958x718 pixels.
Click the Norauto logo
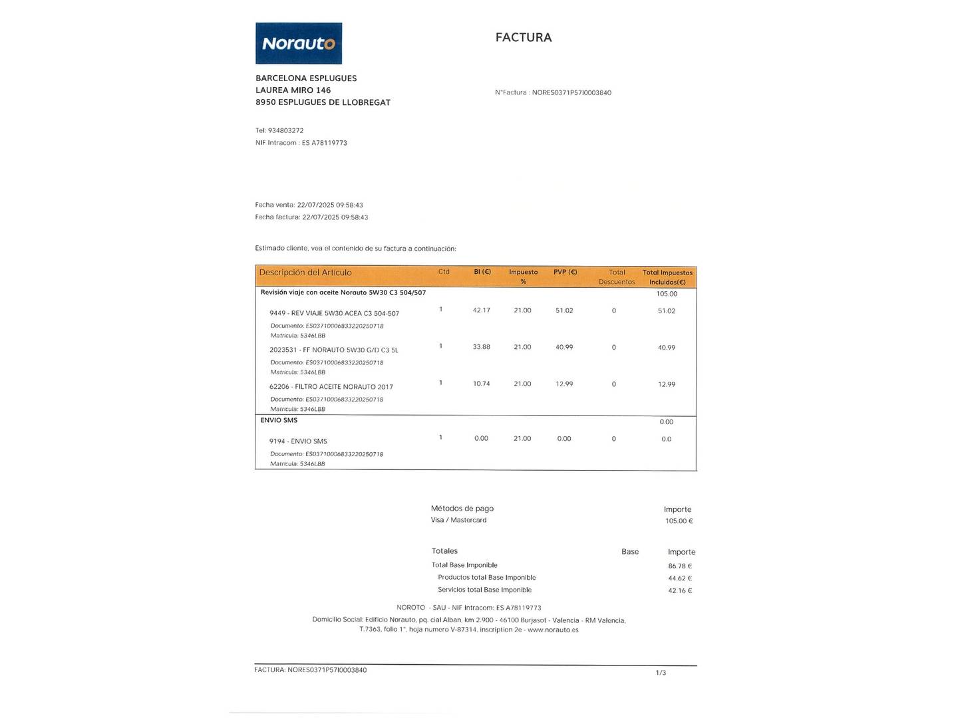point(299,43)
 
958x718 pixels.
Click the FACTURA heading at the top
point(524,38)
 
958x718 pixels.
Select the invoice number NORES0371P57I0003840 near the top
point(571,93)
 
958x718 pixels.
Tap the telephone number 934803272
point(285,131)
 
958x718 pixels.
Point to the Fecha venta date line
point(309,205)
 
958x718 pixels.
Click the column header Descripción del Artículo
point(305,273)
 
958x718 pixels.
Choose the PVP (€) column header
point(565,272)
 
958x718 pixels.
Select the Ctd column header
point(444,272)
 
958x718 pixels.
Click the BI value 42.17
point(481,310)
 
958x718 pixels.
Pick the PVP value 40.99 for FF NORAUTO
point(564,347)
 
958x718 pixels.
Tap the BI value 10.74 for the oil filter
point(481,384)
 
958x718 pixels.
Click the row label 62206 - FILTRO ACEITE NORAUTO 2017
point(331,387)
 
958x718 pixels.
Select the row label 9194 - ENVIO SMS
point(298,441)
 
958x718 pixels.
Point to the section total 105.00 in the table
point(667,294)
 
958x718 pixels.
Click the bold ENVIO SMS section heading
point(279,420)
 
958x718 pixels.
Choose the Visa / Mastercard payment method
point(458,520)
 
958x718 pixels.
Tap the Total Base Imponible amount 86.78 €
point(680,566)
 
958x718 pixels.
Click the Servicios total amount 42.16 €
point(680,591)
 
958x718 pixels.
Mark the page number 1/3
point(661,673)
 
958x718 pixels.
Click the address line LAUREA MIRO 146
point(293,90)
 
